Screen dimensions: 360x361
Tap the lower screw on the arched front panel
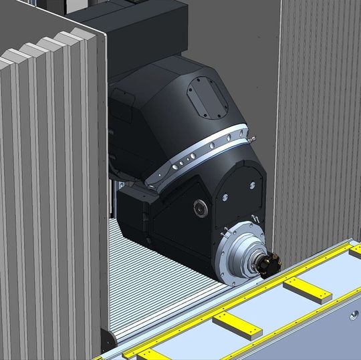225,197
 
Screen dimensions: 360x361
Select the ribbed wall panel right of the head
321,120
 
